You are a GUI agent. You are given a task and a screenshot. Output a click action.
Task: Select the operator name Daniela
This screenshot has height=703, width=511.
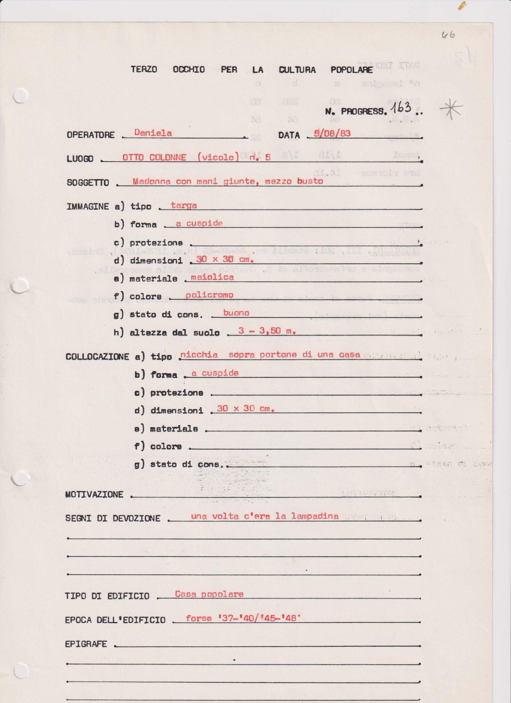153,133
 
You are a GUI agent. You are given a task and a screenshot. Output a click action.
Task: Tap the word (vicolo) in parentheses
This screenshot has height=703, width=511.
218,157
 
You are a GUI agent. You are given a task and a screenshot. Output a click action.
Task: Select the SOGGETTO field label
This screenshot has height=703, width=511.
88,183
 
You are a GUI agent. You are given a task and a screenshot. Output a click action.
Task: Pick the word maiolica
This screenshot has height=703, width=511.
212,277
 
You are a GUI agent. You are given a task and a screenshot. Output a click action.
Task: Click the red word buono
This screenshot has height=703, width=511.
236,313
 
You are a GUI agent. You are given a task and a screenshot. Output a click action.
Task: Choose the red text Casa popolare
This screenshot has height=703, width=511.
209,594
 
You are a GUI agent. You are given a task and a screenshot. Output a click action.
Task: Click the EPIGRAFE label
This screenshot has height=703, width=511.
86,644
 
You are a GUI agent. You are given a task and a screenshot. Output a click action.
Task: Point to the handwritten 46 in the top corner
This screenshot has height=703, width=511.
448,35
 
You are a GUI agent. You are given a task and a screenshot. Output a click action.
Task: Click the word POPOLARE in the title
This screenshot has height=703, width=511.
351,70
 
